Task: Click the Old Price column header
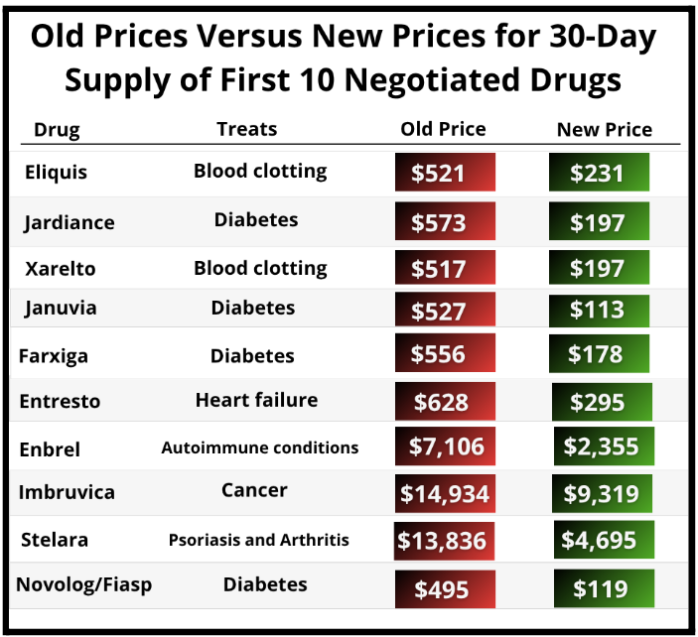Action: click(443, 129)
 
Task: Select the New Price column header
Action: click(604, 129)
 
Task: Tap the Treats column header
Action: click(246, 129)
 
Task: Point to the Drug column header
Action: click(57, 130)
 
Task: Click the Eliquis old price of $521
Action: click(443, 174)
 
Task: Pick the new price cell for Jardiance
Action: click(599, 222)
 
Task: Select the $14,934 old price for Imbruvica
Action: click(443, 493)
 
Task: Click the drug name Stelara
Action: click(55, 540)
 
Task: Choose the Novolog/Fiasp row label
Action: click(83, 584)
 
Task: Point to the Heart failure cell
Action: click(256, 400)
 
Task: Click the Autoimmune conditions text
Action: click(259, 447)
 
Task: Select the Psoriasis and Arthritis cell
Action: click(258, 540)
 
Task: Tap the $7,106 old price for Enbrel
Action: click(443, 446)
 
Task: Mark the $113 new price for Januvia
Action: click(599, 311)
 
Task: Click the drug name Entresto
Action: click(60, 402)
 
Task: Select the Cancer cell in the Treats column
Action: click(254, 490)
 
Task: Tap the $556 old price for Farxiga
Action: click(443, 355)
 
